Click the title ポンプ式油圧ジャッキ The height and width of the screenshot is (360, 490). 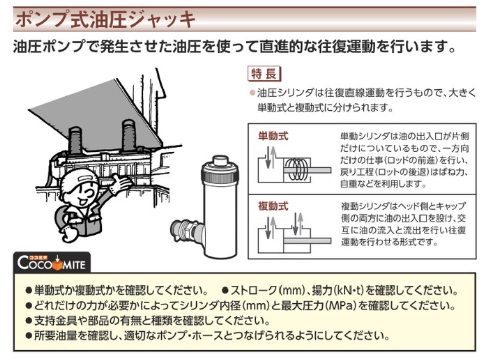(105, 19)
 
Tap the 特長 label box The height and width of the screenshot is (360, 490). (264, 75)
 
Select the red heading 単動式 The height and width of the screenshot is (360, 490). (273, 136)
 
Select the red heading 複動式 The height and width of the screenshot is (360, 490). (273, 206)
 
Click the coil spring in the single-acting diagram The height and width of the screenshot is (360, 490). (298, 170)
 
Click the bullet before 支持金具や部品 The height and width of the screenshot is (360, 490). (29, 321)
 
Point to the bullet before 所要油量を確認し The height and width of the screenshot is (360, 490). (29, 336)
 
